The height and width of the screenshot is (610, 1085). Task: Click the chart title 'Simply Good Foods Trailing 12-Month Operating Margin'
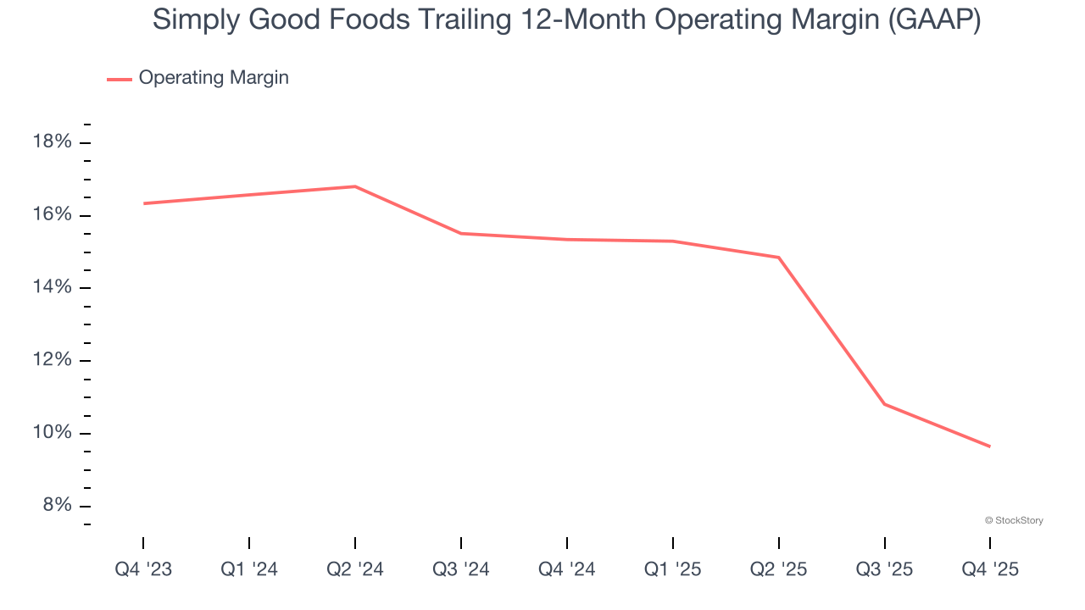click(566, 20)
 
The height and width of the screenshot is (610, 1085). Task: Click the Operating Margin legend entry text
click(214, 78)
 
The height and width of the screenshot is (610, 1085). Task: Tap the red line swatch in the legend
click(120, 79)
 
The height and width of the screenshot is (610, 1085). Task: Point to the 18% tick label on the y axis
click(52, 141)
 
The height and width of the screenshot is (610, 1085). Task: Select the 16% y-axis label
click(52, 214)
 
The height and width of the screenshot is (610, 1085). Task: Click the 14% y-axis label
click(52, 287)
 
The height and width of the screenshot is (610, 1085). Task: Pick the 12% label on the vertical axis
click(52, 360)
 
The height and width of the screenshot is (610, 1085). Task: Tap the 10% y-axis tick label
click(52, 433)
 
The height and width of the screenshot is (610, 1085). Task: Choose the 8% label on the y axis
click(56, 506)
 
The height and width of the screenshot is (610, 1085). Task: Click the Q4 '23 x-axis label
click(143, 570)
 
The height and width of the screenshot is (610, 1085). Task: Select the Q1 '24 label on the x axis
click(249, 570)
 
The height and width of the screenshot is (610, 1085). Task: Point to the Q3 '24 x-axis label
click(461, 570)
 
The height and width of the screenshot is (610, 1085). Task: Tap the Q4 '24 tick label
click(567, 570)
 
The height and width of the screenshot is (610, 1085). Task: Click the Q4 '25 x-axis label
click(990, 570)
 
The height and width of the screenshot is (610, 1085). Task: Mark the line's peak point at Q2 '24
click(355, 186)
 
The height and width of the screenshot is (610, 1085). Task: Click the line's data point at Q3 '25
click(885, 404)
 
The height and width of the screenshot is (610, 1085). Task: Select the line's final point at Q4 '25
click(990, 446)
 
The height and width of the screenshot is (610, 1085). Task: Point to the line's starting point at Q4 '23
click(144, 203)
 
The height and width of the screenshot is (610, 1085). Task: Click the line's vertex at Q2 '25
click(779, 258)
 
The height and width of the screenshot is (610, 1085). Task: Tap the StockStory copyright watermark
click(1014, 520)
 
